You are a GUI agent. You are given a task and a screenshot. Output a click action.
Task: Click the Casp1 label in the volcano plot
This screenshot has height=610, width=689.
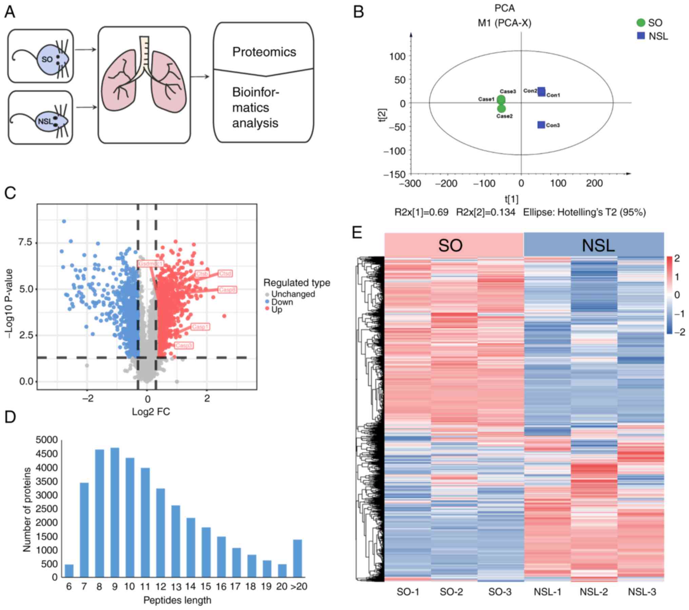pyautogui.click(x=200, y=327)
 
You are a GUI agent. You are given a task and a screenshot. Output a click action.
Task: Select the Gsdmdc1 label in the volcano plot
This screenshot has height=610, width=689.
pyautogui.click(x=151, y=264)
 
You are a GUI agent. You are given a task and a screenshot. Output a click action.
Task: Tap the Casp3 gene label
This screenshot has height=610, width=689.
pyautogui.click(x=184, y=346)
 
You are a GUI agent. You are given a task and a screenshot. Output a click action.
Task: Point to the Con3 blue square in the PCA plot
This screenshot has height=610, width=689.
pyautogui.click(x=541, y=125)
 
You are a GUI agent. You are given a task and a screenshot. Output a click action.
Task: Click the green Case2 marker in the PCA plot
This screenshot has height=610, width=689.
pyautogui.click(x=501, y=109)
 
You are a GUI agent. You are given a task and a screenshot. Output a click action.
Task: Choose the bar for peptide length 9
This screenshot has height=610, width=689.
pyautogui.click(x=115, y=513)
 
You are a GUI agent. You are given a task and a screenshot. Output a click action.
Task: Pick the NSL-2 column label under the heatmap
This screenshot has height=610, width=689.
pyautogui.click(x=593, y=592)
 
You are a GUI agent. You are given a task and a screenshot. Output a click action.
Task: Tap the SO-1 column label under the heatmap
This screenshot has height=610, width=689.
pyautogui.click(x=408, y=592)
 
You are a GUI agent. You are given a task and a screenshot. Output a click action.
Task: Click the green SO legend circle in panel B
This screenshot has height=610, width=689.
pyautogui.click(x=641, y=23)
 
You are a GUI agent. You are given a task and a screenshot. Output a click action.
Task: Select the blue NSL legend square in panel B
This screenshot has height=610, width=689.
pyautogui.click(x=641, y=36)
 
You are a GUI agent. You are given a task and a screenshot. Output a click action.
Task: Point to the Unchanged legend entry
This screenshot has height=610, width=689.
pyautogui.click(x=293, y=294)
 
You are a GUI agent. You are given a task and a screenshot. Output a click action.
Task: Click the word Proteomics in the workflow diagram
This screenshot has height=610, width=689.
pyautogui.click(x=264, y=52)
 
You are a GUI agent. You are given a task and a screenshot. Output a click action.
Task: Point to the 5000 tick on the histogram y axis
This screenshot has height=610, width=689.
pyautogui.click(x=46, y=440)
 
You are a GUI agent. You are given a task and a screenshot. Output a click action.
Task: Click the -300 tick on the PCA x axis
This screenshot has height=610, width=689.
pyautogui.click(x=410, y=183)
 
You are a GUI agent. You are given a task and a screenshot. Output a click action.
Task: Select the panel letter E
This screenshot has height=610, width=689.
pyautogui.click(x=357, y=233)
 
